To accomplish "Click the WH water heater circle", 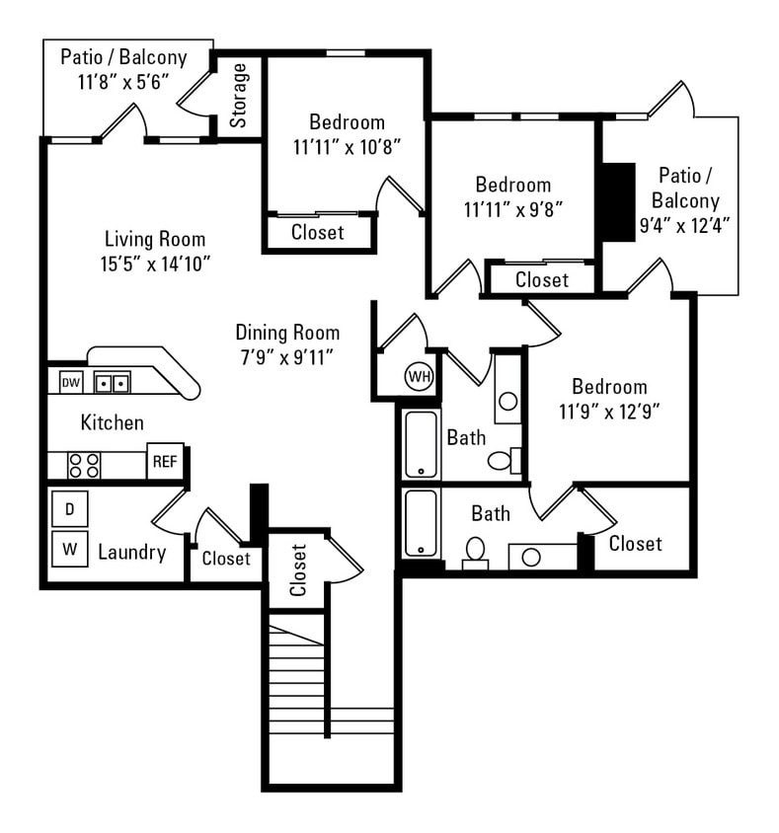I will [x=420, y=376].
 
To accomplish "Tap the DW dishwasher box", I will [x=70, y=382].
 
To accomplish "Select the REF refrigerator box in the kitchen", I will [x=164, y=461].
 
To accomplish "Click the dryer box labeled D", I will [x=69, y=509].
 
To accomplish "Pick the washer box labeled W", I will [x=69, y=550].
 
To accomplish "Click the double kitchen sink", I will [x=112, y=382].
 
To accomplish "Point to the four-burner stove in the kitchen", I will [x=83, y=465].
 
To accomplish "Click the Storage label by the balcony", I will [x=239, y=96].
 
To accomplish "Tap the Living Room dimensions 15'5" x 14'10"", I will [x=155, y=264].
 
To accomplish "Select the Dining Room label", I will [x=286, y=333].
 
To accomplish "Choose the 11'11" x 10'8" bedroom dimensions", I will [x=347, y=147].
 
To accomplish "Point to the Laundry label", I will [x=131, y=552].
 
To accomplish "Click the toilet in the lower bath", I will [x=475, y=552].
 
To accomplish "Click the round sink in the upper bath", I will [x=507, y=401].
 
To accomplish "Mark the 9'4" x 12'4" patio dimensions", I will [x=685, y=225].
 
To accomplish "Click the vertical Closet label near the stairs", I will [x=298, y=570].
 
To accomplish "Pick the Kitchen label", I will [x=112, y=422].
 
